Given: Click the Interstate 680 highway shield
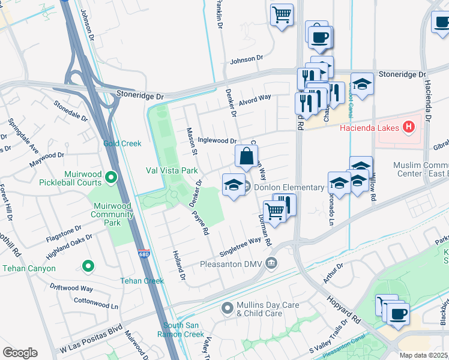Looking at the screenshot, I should pyautogui.click(x=143, y=255).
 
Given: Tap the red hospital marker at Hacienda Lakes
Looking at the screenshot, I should pyautogui.click(x=409, y=127).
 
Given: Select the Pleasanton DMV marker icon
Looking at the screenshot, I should pyautogui.click(x=271, y=263).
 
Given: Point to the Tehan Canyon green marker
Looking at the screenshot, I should pyautogui.click(x=88, y=265).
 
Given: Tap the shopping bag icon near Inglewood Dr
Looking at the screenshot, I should pyautogui.click(x=246, y=157).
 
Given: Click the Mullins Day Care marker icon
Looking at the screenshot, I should pyautogui.click(x=227, y=309).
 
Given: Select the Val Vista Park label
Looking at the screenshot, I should pyautogui.click(x=172, y=170).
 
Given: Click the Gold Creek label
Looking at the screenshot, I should pyautogui.click(x=122, y=143).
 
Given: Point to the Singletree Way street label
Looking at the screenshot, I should pyautogui.click(x=241, y=242).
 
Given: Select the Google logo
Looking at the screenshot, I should pyautogui.click(x=20, y=352).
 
